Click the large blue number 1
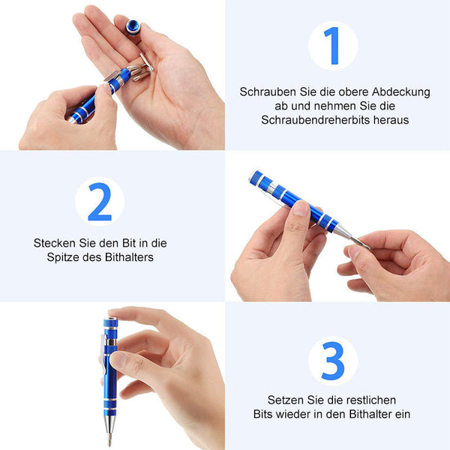(333, 46)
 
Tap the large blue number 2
(100, 202)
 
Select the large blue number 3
(333, 361)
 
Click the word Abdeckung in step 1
(401, 92)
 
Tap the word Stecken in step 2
(55, 243)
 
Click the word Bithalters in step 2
(129, 257)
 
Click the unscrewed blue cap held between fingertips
(133, 27)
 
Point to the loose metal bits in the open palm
(141, 69)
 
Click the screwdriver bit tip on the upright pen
(109, 438)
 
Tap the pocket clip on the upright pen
(103, 354)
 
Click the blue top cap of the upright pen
(110, 322)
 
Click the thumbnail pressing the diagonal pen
(301, 208)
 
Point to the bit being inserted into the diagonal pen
(359, 243)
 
